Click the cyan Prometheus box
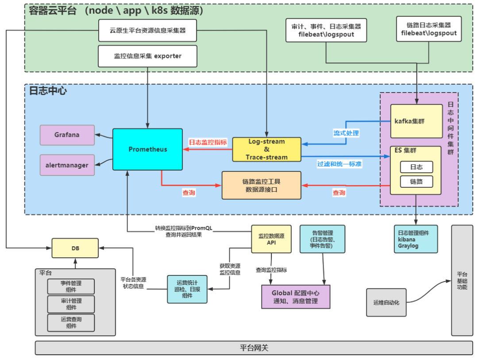(x=147, y=149)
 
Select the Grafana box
(x=67, y=135)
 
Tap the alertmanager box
(x=67, y=165)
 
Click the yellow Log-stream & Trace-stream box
(x=266, y=149)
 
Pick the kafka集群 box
(x=416, y=121)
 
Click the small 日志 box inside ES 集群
(x=416, y=167)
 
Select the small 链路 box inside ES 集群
(x=416, y=182)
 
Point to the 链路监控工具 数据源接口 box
(x=261, y=185)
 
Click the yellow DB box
(x=75, y=248)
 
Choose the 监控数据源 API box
(x=271, y=239)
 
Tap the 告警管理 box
(x=323, y=239)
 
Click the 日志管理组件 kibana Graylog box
(x=416, y=239)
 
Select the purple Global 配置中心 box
(x=296, y=297)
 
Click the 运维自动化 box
(x=386, y=302)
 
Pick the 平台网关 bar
(x=254, y=348)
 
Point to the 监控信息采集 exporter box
(x=147, y=56)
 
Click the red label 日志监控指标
(x=208, y=143)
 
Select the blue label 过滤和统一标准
(x=339, y=164)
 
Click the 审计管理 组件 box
(x=71, y=304)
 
